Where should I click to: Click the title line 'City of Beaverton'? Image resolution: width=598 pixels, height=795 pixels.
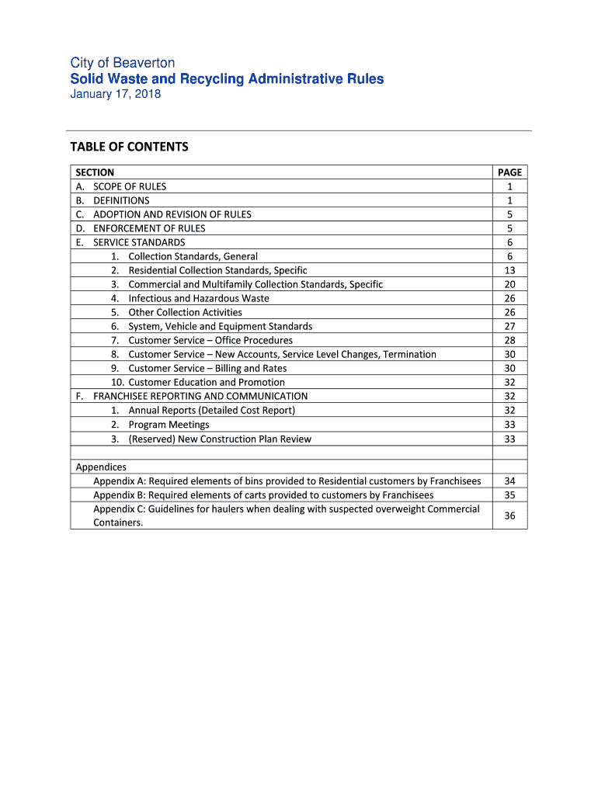[123, 63]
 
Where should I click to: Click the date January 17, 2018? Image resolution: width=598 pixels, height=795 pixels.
[116, 94]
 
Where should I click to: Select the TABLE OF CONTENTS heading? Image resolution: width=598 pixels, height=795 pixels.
[129, 147]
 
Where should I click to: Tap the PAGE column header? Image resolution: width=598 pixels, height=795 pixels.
[509, 172]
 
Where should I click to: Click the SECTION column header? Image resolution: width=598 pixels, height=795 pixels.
[95, 172]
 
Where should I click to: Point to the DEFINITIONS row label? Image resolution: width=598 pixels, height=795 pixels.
[121, 200]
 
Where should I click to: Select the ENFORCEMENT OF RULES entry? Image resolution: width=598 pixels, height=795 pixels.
[149, 228]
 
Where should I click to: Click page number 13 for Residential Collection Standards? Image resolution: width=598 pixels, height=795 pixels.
[509, 270]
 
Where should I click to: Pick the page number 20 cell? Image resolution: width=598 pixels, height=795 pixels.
[509, 284]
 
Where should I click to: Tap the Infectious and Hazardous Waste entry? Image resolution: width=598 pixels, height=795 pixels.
[199, 298]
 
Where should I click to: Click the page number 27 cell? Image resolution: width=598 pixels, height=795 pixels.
[509, 326]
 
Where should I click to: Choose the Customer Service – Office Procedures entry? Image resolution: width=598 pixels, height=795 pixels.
[210, 340]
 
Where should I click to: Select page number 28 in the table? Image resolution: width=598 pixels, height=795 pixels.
[509, 340]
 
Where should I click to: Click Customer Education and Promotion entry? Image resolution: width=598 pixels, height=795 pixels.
[207, 382]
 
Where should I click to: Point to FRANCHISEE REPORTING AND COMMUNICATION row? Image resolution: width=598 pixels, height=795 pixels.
[200, 396]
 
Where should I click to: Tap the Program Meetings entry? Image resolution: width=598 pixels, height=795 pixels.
[169, 425]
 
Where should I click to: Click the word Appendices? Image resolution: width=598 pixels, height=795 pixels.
[101, 467]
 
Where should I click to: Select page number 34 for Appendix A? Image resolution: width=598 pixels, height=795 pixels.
[509, 481]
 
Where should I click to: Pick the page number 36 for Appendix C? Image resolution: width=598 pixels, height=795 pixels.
[509, 516]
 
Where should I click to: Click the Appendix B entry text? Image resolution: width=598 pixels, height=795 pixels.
[263, 495]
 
